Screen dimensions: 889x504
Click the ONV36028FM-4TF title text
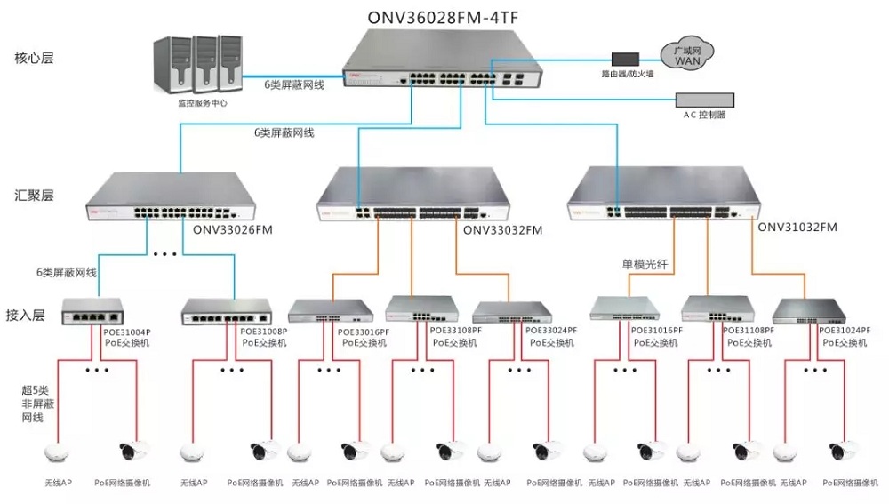pyautogui.click(x=443, y=18)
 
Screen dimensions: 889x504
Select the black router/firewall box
pyautogui.click(x=625, y=59)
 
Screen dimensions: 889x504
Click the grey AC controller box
pyautogui.click(x=705, y=100)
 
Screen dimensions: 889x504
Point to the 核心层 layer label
pyautogui.click(x=34, y=58)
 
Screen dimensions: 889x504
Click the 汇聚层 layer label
pyautogui.click(x=34, y=196)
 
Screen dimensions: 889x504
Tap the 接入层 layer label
pyautogui.click(x=26, y=316)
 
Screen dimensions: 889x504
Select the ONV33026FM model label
pyautogui.click(x=232, y=230)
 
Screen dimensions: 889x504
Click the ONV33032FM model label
pyautogui.click(x=503, y=230)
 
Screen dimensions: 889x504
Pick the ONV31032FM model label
pyautogui.click(x=797, y=228)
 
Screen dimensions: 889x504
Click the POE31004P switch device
pyautogui.click(x=92, y=311)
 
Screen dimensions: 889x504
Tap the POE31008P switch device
pyautogui.click(x=226, y=312)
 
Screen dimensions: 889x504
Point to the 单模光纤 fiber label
pyautogui.click(x=645, y=264)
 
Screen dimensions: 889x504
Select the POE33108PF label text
pyautogui.click(x=455, y=330)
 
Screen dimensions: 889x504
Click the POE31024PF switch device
pyautogui.click(x=808, y=311)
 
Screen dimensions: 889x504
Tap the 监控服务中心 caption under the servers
pyautogui.click(x=203, y=103)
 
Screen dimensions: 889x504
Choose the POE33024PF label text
pyautogui.click(x=551, y=330)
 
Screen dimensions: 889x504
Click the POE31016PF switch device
pyautogui.click(x=624, y=308)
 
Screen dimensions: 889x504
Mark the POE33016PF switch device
pyautogui.click(x=331, y=311)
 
